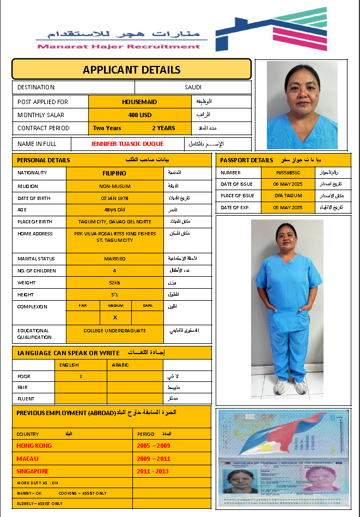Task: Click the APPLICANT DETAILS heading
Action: [131, 70]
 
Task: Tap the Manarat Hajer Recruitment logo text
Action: [119, 46]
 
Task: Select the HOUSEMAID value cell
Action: [139, 101]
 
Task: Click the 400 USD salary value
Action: [139, 115]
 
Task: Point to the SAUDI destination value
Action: [193, 87]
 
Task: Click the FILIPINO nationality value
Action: [114, 173]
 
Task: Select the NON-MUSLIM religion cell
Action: [114, 186]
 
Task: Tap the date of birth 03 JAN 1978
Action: [114, 198]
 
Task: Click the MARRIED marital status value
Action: [114, 259]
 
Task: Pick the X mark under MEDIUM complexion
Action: [115, 317]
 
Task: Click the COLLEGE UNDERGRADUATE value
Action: [114, 331]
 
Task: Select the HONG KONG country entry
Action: [34, 446]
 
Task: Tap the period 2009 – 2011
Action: [154, 459]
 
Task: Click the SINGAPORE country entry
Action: [33, 471]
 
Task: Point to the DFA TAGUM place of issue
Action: [288, 196]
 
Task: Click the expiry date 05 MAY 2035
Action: [288, 208]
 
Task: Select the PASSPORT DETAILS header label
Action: [247, 160]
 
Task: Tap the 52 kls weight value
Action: [114, 283]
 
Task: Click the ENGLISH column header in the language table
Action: [69, 365]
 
